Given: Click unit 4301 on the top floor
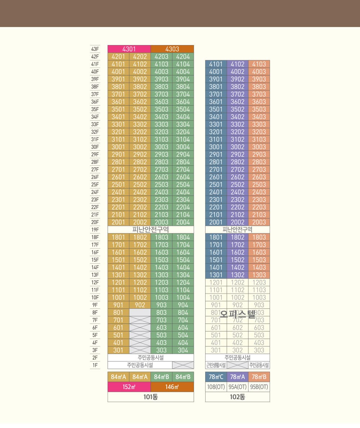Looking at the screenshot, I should tap(129, 49).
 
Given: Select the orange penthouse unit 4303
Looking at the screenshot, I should tap(172, 49).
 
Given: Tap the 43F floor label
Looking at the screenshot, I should tap(95, 49).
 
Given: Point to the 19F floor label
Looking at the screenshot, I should tap(95, 230).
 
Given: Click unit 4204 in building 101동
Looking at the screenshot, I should tap(183, 57).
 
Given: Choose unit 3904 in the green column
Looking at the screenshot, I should tap(183, 79).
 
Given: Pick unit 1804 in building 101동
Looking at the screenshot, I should tap(183, 237).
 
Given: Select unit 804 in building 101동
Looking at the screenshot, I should tap(183, 313).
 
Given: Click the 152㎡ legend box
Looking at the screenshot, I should tap(129, 387).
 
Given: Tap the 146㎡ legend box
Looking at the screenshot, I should tap(172, 387).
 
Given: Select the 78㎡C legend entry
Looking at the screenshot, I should tap(216, 377).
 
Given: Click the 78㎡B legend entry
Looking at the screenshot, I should tap(259, 377).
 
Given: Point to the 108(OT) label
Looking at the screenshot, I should tap(216, 387).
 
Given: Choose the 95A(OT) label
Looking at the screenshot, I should tap(237, 387).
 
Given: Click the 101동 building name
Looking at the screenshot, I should tap(150, 397).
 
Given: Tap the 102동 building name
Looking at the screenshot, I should tap(237, 397).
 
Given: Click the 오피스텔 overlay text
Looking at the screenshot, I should tap(237, 314).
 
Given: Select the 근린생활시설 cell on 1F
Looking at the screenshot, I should tap(216, 365).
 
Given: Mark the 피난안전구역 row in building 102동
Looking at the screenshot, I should tap(237, 230).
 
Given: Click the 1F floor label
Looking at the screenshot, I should tap(95, 365).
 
